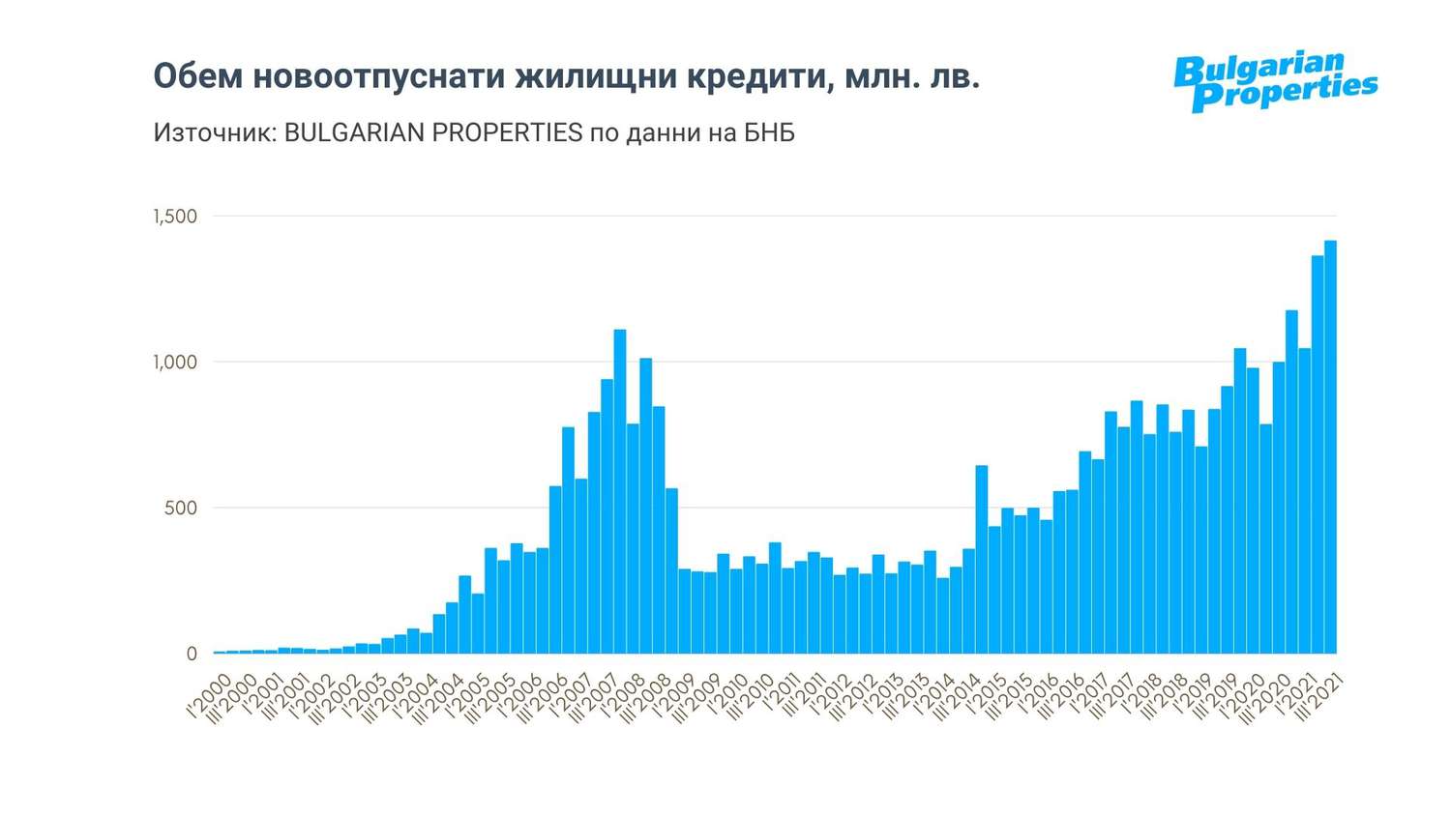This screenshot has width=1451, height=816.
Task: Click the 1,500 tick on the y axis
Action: pyautogui.click(x=175, y=216)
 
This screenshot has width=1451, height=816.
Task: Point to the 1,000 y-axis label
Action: pyautogui.click(x=175, y=362)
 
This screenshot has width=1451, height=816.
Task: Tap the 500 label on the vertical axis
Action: pyautogui.click(x=180, y=508)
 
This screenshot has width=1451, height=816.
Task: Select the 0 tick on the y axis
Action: pyautogui.click(x=191, y=654)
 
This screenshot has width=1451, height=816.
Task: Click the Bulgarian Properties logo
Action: pyautogui.click(x=1274, y=81)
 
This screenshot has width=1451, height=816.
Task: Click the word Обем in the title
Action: pyautogui.click(x=197, y=77)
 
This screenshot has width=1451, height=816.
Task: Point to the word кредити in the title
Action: pyautogui.click(x=755, y=77)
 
